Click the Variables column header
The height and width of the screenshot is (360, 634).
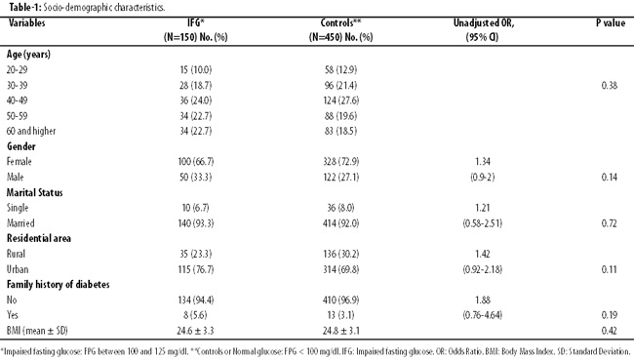point(26,22)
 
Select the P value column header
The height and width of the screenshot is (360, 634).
point(611,22)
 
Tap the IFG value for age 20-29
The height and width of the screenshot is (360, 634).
point(196,70)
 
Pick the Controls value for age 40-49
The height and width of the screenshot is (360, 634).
point(340,100)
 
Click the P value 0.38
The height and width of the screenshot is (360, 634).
point(610,85)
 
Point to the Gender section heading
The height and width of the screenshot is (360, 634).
point(21,146)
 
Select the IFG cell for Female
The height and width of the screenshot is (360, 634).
point(196,162)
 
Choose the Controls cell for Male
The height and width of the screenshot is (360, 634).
point(340,178)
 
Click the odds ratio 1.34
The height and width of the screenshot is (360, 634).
point(483,162)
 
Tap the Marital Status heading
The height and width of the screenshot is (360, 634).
point(35,192)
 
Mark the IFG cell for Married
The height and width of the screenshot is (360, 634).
point(196,223)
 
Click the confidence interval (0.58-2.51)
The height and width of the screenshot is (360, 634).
point(483,223)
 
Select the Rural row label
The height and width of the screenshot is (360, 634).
point(16,254)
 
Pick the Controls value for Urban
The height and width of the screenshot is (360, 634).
point(340,269)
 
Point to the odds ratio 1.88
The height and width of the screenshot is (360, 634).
point(483,300)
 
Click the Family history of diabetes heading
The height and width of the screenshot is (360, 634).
point(58,285)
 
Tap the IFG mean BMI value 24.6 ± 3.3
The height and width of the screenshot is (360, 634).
point(195,331)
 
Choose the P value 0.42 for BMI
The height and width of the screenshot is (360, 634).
point(609,331)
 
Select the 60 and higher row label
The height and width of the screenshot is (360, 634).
point(31,131)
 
